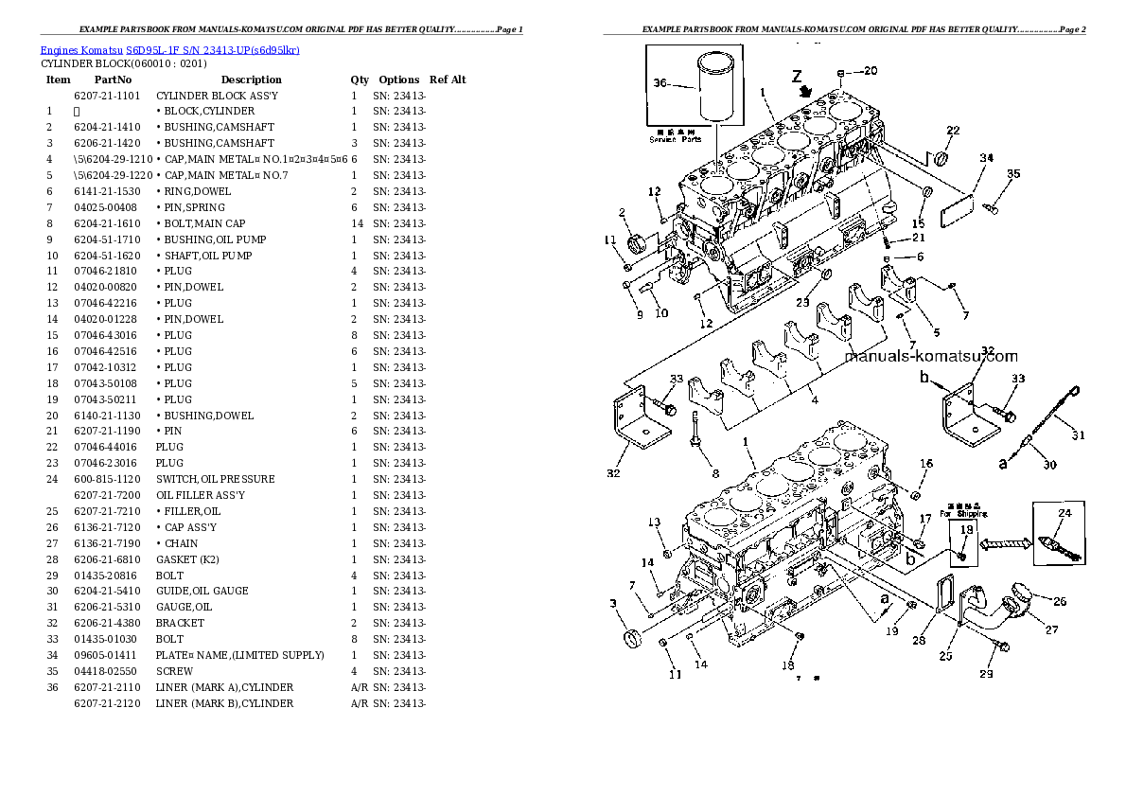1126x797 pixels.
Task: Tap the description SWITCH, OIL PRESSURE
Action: tap(215, 479)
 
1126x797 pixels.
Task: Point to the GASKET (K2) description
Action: tap(187, 559)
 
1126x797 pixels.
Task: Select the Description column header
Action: tap(251, 80)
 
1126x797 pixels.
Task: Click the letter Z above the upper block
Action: tap(799, 75)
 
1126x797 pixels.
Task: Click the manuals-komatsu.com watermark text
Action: tap(930, 357)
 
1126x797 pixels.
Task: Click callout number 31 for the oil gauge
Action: tap(1078, 436)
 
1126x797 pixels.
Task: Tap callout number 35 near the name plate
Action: tap(1013, 173)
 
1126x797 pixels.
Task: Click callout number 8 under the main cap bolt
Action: tap(715, 473)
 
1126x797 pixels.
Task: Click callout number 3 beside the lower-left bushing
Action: tap(613, 603)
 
